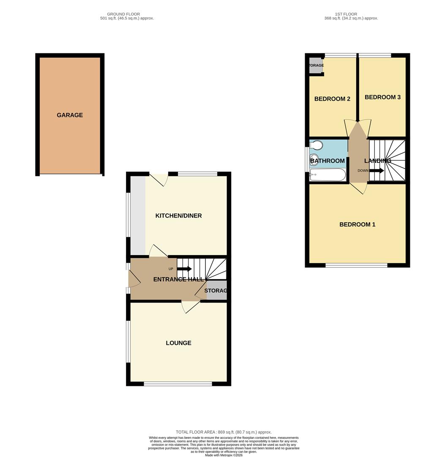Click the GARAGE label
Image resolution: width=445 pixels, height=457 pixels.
(x=70, y=115)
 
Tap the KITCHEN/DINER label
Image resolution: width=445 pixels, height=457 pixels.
(x=178, y=216)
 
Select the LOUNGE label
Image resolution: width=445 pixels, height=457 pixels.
(x=178, y=343)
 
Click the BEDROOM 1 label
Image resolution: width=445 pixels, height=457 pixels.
(x=357, y=224)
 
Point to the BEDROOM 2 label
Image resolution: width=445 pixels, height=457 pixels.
(x=332, y=99)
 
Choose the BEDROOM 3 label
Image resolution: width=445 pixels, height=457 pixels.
(x=382, y=97)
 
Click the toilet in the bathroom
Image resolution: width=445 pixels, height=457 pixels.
(x=316, y=146)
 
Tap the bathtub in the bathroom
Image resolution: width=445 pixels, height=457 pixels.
(x=328, y=175)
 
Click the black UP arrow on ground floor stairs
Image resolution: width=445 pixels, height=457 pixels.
(x=184, y=269)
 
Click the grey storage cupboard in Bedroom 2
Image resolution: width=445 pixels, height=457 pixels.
(x=316, y=66)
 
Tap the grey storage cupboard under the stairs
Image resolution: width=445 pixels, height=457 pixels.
(x=216, y=291)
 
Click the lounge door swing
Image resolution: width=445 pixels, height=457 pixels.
(x=189, y=307)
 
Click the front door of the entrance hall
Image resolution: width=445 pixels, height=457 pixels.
(x=133, y=279)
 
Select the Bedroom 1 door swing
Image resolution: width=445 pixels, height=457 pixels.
(x=359, y=189)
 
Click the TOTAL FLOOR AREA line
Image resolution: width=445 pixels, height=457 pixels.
(x=224, y=432)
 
